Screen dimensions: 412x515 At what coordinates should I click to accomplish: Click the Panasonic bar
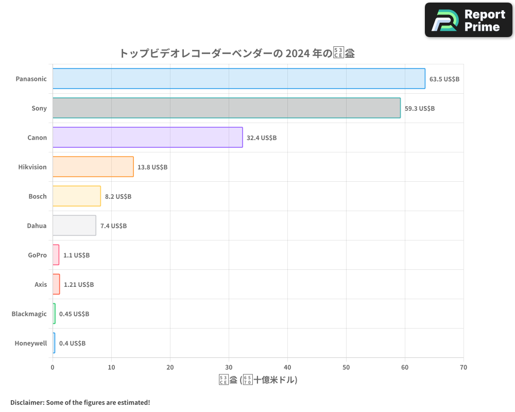pos(238,79)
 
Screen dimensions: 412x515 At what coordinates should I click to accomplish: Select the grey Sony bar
pos(226,108)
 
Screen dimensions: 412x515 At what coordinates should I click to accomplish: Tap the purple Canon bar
pos(147,138)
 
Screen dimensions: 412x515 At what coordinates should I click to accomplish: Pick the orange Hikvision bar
pos(93,167)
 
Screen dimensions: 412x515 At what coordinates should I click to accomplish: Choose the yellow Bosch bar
pos(76,196)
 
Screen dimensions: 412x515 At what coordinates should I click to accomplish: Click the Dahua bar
pos(74,226)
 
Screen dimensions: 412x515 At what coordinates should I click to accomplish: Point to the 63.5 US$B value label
pos(444,79)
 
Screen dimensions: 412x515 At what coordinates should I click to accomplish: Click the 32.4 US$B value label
pos(262,138)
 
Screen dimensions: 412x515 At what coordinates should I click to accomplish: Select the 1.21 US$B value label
pos(79,284)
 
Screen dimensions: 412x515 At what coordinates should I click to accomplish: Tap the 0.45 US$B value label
pos(74,314)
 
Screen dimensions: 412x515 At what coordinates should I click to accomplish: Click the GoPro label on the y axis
pos(38,255)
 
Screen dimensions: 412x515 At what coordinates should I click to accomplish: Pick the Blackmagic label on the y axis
pos(29,314)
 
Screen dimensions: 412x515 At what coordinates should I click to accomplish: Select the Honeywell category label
pos(31,343)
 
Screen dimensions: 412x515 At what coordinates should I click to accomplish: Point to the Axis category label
pos(41,284)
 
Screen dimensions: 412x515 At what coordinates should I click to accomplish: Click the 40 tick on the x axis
pos(287,367)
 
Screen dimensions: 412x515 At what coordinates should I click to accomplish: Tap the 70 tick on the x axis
pos(463,367)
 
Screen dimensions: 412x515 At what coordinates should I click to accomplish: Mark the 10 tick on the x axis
pos(111,367)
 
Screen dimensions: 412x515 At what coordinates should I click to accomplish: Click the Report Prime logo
pos(469,20)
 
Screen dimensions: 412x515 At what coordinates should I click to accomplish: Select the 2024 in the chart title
pos(297,53)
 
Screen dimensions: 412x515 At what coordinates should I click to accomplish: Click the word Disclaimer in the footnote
pos(26,402)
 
